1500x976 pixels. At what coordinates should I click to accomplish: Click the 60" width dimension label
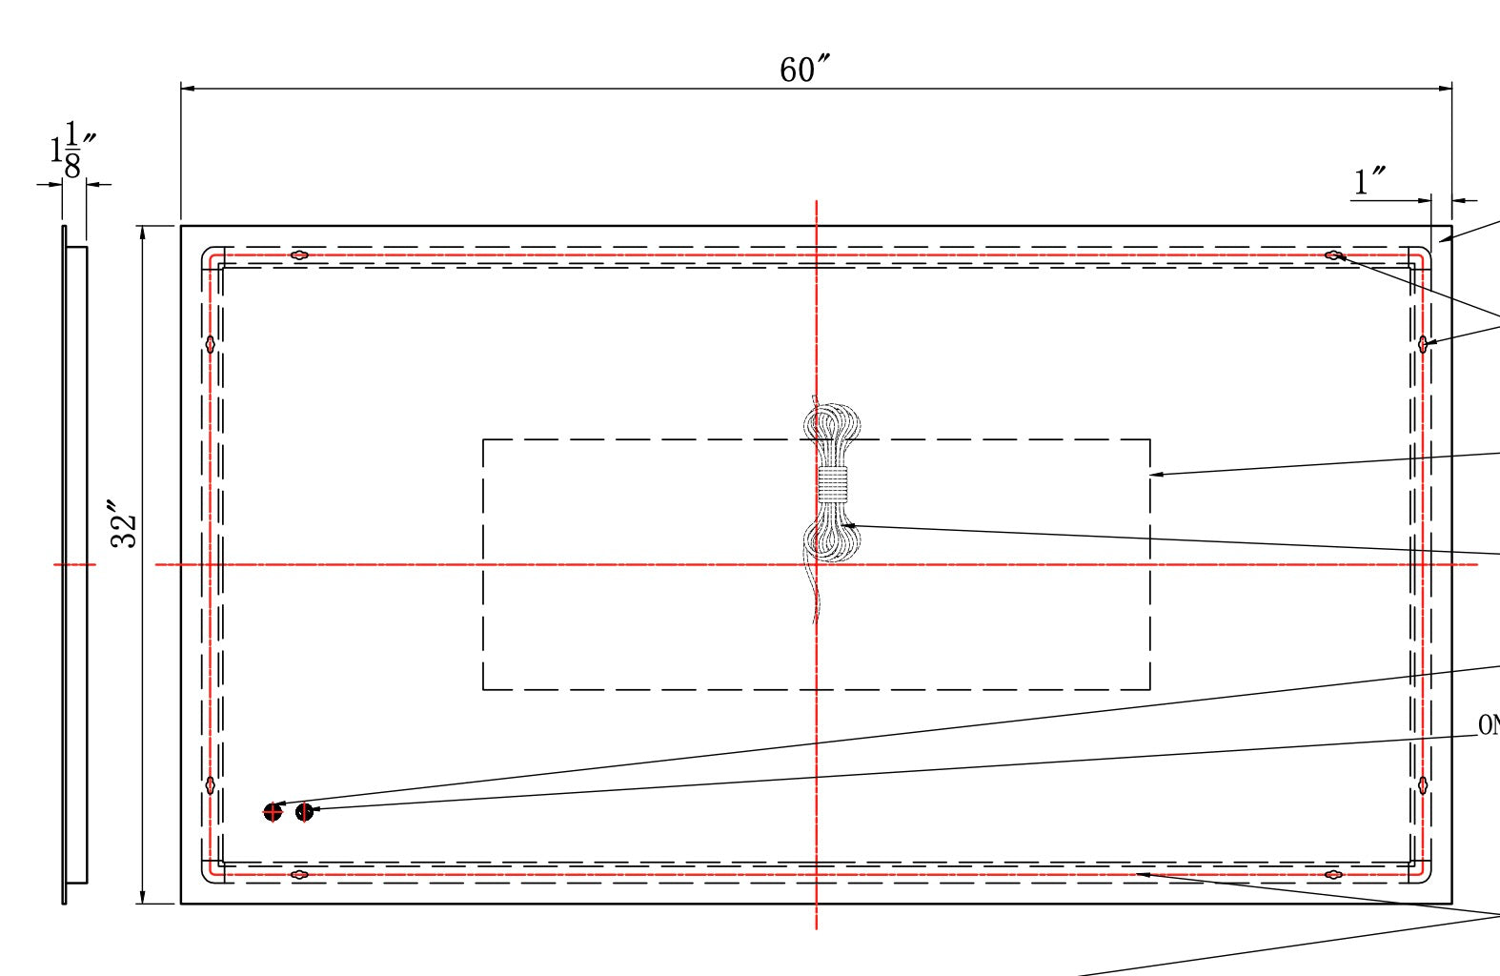(803, 69)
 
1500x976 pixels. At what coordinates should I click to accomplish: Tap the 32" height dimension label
(125, 523)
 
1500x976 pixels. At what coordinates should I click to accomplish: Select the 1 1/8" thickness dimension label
(72, 151)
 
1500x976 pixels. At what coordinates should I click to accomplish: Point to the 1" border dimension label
(1369, 180)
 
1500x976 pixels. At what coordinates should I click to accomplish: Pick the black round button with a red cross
(273, 812)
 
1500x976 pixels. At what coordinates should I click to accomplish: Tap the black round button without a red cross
(304, 812)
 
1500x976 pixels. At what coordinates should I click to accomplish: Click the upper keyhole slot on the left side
(211, 344)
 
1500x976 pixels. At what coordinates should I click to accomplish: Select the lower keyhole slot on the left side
(211, 785)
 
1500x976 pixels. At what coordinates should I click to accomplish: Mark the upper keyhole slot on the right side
(1423, 344)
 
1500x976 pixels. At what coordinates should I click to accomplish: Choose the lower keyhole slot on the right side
(1423, 785)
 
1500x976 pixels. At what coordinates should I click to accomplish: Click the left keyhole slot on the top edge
(299, 255)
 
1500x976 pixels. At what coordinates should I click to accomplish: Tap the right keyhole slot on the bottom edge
(1333, 874)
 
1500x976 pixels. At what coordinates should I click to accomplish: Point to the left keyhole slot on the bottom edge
(299, 874)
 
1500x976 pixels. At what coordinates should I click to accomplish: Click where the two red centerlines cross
(817, 564)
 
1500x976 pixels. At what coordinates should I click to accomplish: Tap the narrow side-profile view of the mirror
(74, 564)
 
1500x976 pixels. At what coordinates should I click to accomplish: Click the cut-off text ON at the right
(1489, 725)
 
